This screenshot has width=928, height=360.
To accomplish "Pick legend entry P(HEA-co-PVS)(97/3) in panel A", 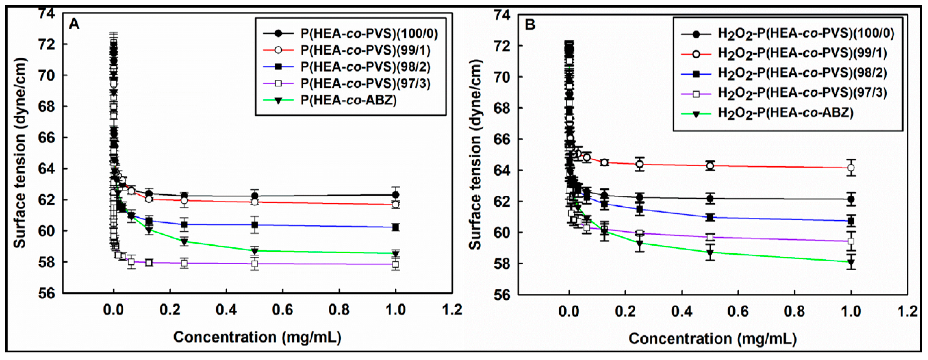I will (x=365, y=84).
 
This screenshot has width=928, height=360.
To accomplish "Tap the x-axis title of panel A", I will (x=257, y=337).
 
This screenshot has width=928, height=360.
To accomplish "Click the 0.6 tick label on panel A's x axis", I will (x=282, y=309).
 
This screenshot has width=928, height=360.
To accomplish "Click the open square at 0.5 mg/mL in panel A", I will (x=255, y=264).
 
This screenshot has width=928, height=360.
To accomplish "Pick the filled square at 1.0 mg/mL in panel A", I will (x=395, y=227).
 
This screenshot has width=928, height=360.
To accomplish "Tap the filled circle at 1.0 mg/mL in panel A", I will (x=395, y=195).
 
